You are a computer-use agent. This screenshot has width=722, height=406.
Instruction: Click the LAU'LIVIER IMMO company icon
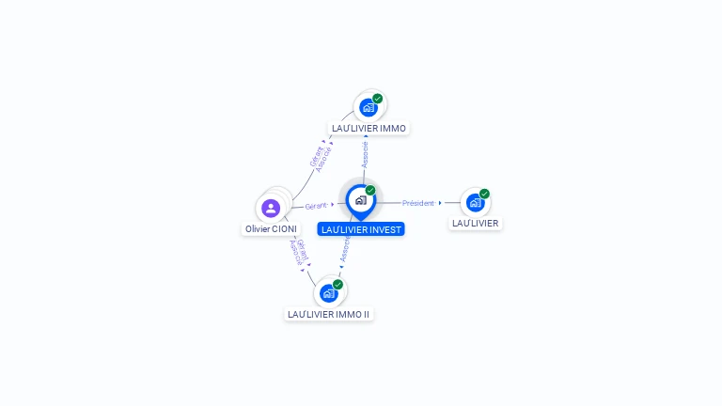(368, 107)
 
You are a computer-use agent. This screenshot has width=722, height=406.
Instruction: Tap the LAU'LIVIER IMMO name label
(369, 128)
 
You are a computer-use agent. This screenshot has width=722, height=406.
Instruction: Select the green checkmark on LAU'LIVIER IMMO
(378, 98)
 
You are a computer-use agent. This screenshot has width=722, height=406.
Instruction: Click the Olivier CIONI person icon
(271, 208)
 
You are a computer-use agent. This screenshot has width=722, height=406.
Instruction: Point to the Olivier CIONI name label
(271, 229)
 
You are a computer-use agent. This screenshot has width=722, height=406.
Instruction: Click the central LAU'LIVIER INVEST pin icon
(360, 200)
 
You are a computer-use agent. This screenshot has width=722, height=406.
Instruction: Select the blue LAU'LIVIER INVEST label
(361, 229)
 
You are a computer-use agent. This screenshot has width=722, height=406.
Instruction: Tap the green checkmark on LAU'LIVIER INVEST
(370, 190)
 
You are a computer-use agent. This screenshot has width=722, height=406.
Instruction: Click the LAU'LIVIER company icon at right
(475, 202)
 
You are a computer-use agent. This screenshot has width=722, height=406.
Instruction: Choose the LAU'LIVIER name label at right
(475, 224)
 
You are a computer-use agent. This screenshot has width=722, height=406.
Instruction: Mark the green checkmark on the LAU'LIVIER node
(485, 194)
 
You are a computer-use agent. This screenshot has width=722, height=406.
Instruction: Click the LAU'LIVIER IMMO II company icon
(328, 293)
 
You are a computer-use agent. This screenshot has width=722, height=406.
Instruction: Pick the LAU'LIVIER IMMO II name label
(329, 314)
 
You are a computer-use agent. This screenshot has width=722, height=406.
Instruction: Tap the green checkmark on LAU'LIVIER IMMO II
(338, 284)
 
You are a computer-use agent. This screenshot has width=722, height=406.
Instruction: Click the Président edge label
(418, 203)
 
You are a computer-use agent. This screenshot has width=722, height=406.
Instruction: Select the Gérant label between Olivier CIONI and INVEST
(316, 206)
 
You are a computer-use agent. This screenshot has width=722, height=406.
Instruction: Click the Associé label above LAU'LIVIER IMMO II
(345, 250)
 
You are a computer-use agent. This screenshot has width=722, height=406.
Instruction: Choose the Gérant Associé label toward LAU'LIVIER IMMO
(321, 157)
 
